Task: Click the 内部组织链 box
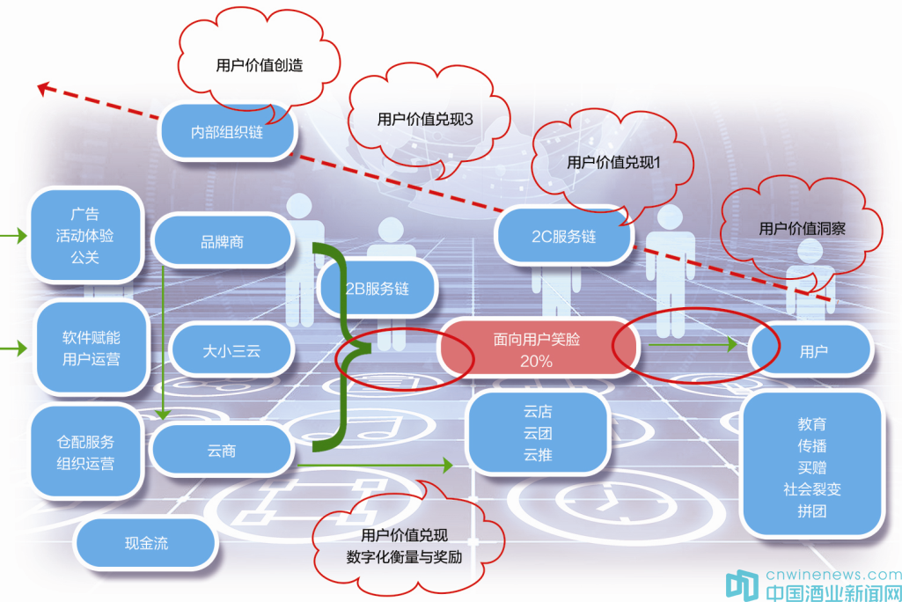226,133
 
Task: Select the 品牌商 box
222,241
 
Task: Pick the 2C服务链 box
563,237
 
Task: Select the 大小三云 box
230,350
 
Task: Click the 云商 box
222,451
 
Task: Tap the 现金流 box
146,543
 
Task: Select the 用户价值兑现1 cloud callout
613,162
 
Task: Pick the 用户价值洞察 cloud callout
802,228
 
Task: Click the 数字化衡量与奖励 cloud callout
404,546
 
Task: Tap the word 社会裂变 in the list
811,489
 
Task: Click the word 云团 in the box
537,433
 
